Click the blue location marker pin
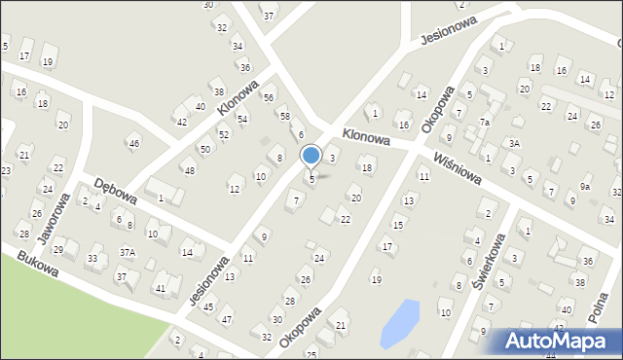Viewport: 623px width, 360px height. pos(311,156)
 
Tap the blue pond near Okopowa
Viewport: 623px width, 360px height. pos(399,323)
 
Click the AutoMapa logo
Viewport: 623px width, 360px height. pos(558,342)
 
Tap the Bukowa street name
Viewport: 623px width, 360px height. pos(37,263)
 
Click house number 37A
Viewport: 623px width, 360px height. pos(128,252)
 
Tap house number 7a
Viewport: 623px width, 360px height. pos(484,123)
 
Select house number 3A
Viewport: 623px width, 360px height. pos(515,144)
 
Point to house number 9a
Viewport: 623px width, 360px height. pos(585,186)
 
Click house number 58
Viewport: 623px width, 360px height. pos(285,117)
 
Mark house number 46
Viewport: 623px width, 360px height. pos(134,144)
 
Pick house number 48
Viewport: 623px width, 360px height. pos(189,171)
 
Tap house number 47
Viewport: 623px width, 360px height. pos(227,319)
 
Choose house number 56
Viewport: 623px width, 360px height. pos(269,98)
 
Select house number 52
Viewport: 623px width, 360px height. pos(224,134)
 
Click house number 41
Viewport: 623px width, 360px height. pos(161,289)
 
